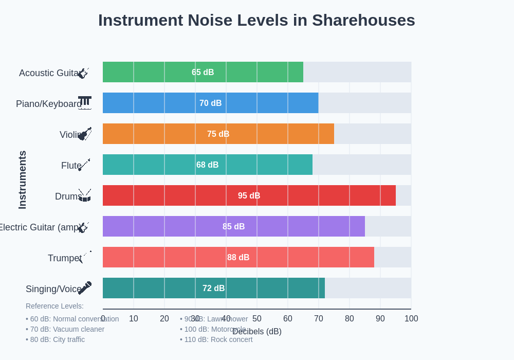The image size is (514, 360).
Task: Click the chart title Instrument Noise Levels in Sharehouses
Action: [256, 20]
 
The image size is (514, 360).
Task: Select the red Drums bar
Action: [249, 195]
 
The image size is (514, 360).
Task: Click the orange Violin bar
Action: [218, 134]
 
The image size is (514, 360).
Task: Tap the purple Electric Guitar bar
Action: [234, 226]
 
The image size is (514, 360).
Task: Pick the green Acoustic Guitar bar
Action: [203, 72]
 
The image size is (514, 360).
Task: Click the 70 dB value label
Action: [211, 103]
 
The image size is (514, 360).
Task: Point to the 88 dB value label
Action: [238, 257]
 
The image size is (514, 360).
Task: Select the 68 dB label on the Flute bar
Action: [208, 165]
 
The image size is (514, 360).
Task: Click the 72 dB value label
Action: [214, 288]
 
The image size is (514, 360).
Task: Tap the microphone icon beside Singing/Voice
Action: [85, 288]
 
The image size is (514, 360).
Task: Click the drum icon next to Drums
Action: [85, 195]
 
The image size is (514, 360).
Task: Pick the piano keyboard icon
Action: [85, 103]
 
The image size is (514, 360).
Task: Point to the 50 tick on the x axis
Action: [257, 318]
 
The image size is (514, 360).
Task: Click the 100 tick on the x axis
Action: [411, 318]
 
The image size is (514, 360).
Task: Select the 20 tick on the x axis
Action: [164, 318]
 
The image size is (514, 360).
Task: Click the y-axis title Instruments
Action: [22, 180]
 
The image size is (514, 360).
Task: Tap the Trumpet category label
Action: [64, 258]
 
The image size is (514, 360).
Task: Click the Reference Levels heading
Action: [54, 306]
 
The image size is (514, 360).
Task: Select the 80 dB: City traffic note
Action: [56, 339]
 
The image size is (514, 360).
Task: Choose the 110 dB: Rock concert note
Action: [216, 339]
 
